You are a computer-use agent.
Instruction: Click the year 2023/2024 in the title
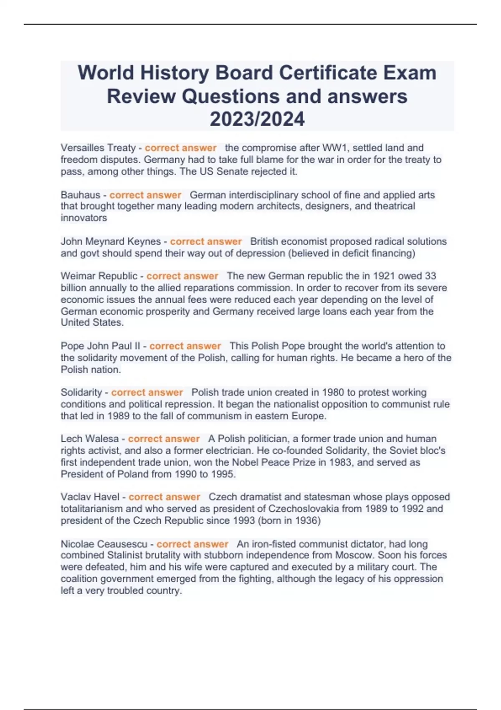[257, 119]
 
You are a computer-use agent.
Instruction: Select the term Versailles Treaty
[98, 148]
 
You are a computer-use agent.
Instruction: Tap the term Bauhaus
[81, 195]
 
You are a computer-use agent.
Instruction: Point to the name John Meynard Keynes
[111, 241]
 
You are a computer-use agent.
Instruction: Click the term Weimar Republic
[99, 276]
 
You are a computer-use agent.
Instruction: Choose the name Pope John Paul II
[101, 346]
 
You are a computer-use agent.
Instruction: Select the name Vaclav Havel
[90, 497]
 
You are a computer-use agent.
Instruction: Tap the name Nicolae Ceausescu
[104, 544]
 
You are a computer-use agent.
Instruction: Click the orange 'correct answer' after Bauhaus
[145, 195]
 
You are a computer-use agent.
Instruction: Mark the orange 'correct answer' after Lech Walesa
[164, 439]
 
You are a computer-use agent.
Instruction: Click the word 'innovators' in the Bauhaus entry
[83, 218]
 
